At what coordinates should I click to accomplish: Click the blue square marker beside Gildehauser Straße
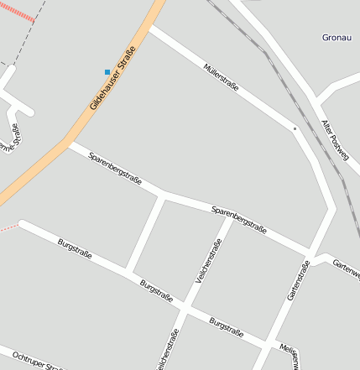click(x=107, y=72)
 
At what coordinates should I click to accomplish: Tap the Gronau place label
click(x=336, y=38)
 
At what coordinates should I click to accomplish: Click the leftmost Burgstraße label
click(x=75, y=248)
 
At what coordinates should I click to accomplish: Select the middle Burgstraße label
click(x=157, y=289)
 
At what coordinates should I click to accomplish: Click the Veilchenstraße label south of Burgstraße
click(x=168, y=347)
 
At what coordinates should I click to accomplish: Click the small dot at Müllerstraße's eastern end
click(x=295, y=128)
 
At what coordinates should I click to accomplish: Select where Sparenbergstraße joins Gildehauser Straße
click(x=70, y=144)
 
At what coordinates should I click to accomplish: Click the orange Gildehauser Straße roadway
click(x=50, y=159)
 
